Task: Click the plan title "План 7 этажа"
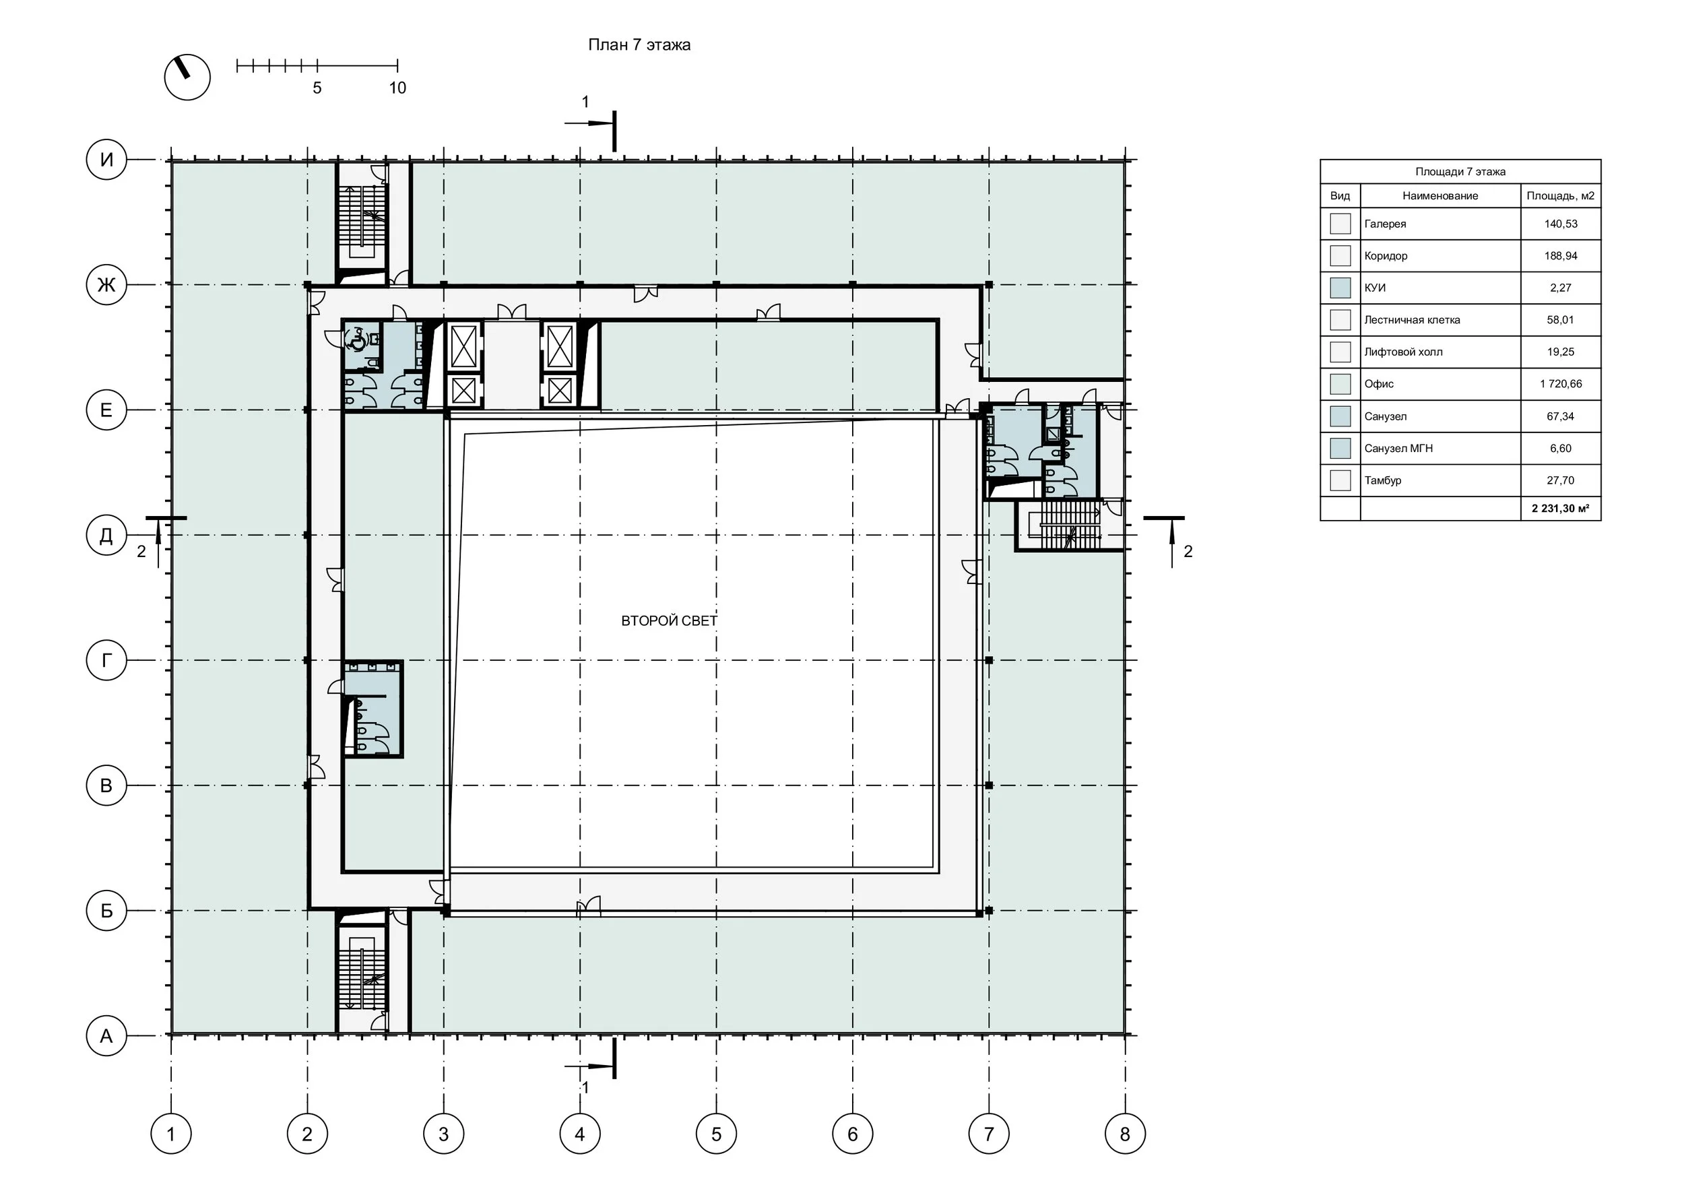(x=639, y=44)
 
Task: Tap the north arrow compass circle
(x=187, y=77)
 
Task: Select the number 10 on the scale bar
(x=397, y=88)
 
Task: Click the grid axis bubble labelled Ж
(x=106, y=284)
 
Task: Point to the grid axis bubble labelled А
(x=106, y=1035)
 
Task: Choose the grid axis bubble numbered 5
(x=717, y=1134)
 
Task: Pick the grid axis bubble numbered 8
(x=1125, y=1134)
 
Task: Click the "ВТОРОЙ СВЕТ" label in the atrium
(x=669, y=621)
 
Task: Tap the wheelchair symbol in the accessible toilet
(x=357, y=340)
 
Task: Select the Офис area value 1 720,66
(x=1561, y=383)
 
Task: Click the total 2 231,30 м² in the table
(x=1561, y=508)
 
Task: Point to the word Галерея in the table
(x=1386, y=224)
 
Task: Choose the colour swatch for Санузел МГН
(x=1340, y=448)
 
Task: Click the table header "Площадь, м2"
(x=1561, y=196)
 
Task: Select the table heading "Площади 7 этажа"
(x=1460, y=172)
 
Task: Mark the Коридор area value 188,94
(x=1561, y=256)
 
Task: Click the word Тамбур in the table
(x=1382, y=480)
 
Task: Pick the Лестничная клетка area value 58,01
(x=1561, y=320)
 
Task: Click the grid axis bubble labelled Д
(x=106, y=536)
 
